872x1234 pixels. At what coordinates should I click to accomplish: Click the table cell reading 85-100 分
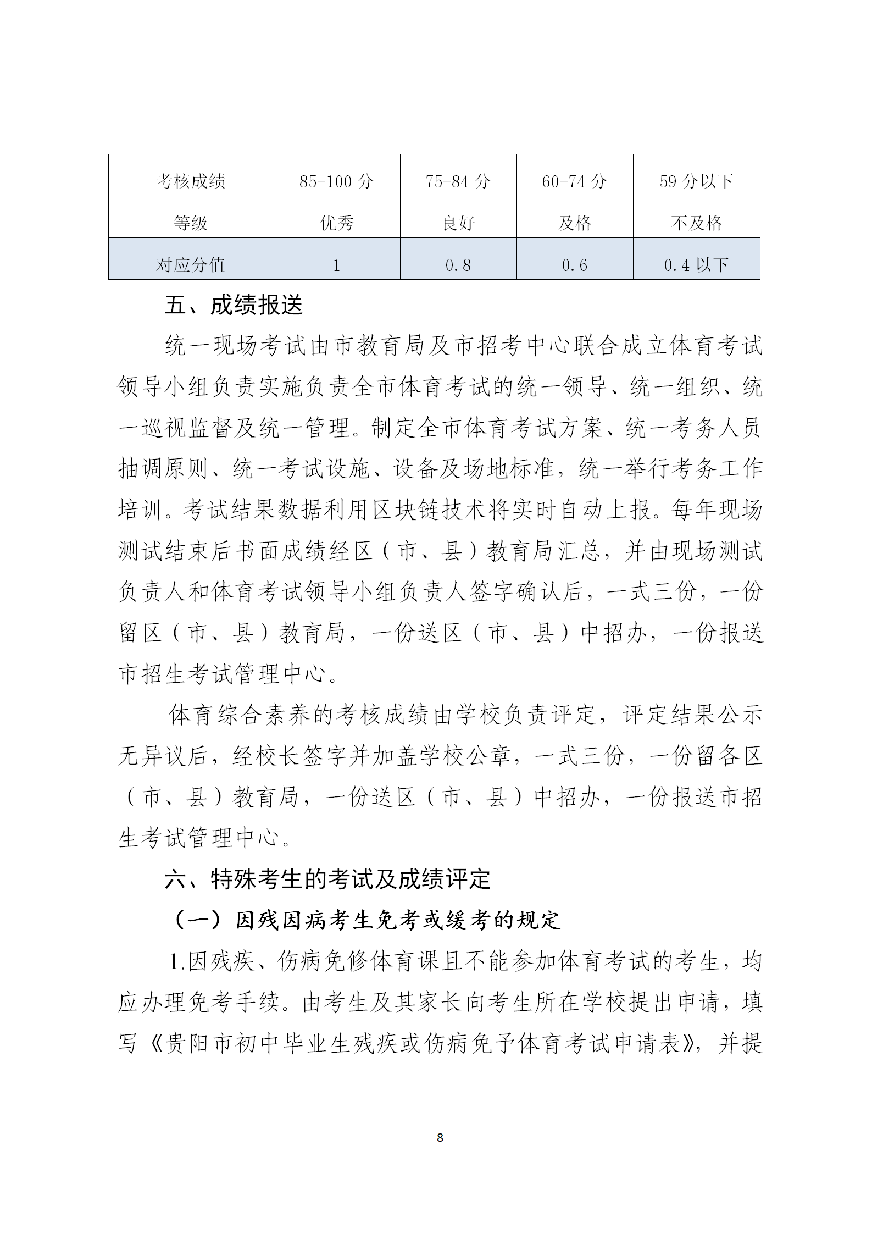click(336, 181)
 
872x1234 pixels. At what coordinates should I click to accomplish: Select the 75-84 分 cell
click(458, 181)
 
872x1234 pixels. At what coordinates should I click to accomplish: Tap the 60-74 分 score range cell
click(574, 181)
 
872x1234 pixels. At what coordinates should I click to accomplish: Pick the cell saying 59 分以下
click(696, 181)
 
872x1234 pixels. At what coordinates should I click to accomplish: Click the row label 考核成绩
click(191, 181)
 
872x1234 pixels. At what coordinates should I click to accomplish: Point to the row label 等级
click(191, 223)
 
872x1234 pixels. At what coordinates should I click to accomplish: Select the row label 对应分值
click(191, 265)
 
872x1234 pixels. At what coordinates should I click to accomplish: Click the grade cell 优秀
click(336, 223)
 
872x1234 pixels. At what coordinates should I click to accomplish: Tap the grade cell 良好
click(458, 223)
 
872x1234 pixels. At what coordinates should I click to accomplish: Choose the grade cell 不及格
click(696, 223)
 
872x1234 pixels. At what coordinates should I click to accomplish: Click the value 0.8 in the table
click(458, 265)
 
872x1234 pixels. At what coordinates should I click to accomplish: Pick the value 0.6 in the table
click(574, 265)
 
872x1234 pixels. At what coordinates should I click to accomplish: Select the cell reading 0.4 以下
click(696, 265)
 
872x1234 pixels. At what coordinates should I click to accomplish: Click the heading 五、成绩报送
click(234, 306)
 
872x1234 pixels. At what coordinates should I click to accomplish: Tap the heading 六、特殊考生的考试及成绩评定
click(327, 880)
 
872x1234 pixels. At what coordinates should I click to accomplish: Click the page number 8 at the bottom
click(440, 1138)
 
